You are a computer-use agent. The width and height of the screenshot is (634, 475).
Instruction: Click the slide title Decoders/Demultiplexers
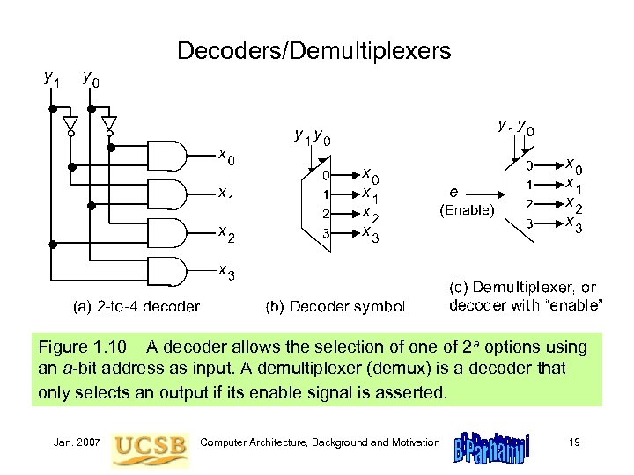pyautogui.click(x=313, y=51)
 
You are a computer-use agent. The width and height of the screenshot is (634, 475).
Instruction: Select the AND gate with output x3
pyautogui.click(x=170, y=272)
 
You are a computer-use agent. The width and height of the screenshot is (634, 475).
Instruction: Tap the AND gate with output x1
pyautogui.click(x=170, y=195)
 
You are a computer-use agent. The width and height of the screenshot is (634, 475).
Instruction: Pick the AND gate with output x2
pyautogui.click(x=170, y=233)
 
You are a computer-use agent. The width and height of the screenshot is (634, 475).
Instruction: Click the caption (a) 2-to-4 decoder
pyautogui.click(x=136, y=306)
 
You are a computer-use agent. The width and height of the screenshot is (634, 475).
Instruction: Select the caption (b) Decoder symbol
pyautogui.click(x=335, y=306)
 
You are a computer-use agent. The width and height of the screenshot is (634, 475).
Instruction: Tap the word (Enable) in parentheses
pyautogui.click(x=467, y=211)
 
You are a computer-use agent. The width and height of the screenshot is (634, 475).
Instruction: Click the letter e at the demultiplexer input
pyautogui.click(x=453, y=191)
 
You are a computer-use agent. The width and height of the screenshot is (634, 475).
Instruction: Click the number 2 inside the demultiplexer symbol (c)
pyautogui.click(x=529, y=203)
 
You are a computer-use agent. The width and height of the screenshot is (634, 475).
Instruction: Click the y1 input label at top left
pyautogui.click(x=52, y=77)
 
